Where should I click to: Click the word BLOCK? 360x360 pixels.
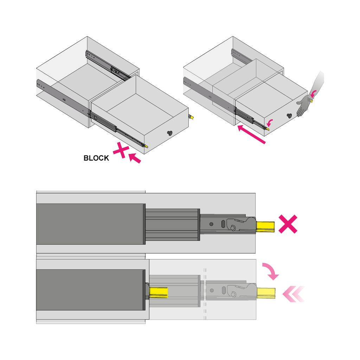[x=96, y=158]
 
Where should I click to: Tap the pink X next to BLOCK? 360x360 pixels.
[x=121, y=150]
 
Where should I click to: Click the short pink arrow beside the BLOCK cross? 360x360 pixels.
[x=135, y=158]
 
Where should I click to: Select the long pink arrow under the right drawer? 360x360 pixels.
[x=251, y=134]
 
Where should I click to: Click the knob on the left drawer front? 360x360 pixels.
[x=170, y=133]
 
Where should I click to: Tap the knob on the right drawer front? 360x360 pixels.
[x=289, y=116]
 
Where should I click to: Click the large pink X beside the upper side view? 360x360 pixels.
[x=288, y=224]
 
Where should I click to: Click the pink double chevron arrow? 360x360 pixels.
[x=294, y=294]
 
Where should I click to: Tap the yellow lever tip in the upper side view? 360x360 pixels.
[x=265, y=227]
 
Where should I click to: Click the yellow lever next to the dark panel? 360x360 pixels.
[x=159, y=292]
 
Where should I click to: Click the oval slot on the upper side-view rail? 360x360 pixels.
[x=223, y=224]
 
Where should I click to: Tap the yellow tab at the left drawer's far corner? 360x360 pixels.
[x=191, y=117]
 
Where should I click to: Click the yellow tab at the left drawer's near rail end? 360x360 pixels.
[x=146, y=146]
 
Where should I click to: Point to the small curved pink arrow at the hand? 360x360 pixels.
[x=313, y=93]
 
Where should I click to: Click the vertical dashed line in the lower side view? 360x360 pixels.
[x=205, y=294]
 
